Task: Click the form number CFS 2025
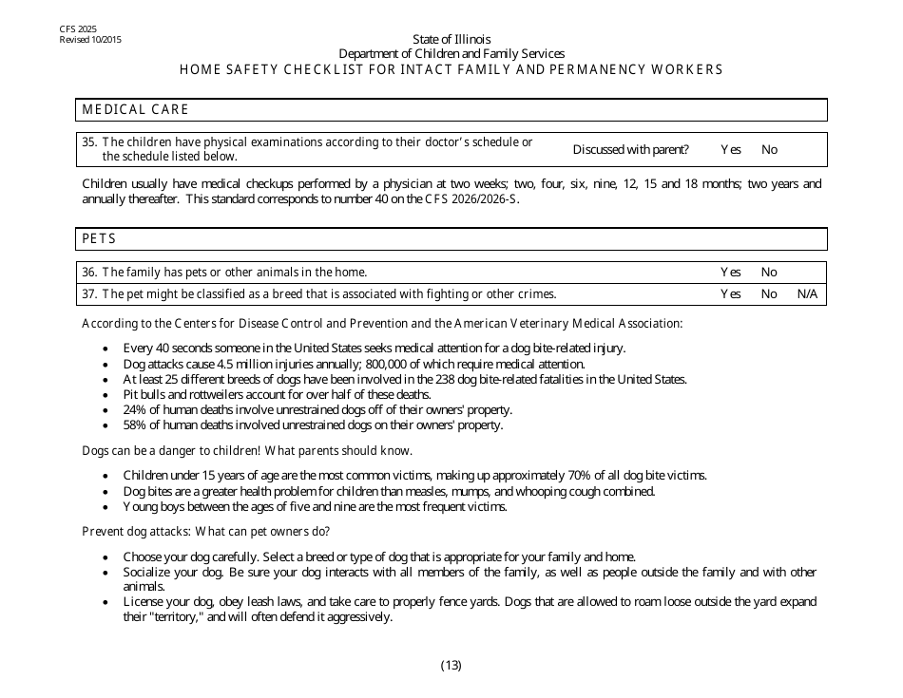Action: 78,30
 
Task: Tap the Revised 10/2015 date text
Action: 90,40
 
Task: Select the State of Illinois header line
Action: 451,39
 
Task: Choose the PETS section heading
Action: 99,238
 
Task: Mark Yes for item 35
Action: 730,149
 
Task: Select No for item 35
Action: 769,149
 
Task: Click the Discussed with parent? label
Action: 630,149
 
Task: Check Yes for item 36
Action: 730,272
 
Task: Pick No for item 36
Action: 769,272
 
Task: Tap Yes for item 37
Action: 730,294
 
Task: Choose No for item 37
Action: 769,294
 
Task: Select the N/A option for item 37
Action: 807,294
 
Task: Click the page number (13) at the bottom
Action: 451,665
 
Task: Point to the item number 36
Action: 89,272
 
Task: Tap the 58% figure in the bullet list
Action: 135,424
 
